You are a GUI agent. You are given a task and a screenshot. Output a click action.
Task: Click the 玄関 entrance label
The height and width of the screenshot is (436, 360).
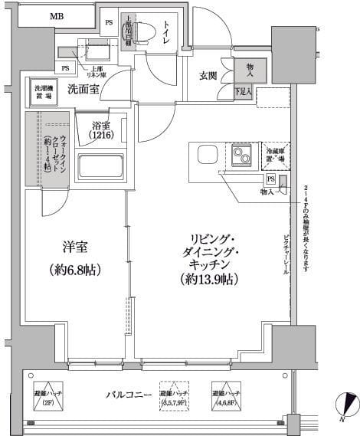[x=209, y=76]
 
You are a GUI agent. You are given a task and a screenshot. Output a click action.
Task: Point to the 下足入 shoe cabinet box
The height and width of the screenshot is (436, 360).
[x=244, y=93]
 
